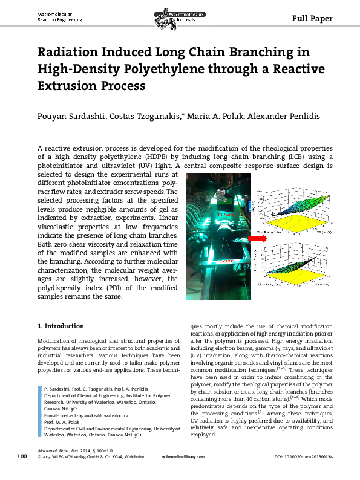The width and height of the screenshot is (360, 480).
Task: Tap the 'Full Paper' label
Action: [x=312, y=18]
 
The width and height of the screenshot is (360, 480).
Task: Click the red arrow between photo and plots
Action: [x=241, y=239]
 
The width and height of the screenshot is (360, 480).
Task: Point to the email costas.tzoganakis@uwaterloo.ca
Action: [x=97, y=416]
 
